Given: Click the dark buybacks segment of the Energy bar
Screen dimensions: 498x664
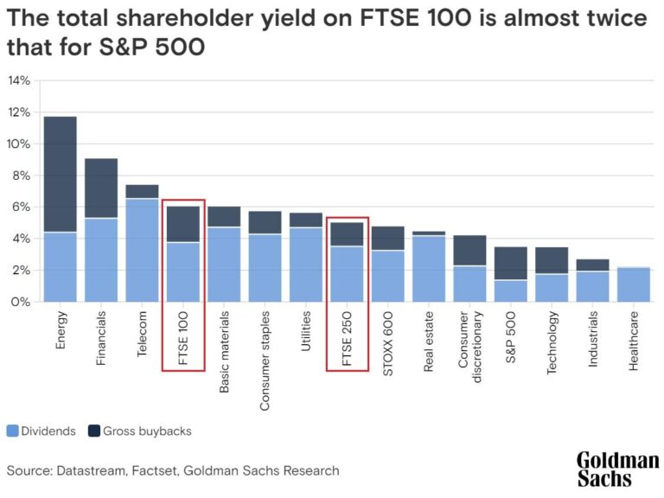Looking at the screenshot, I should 61,174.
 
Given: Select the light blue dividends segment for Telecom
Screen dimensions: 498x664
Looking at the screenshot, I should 142,250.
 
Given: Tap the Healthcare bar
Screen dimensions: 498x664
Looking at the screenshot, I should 634,284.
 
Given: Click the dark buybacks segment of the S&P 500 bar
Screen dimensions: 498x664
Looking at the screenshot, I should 511,263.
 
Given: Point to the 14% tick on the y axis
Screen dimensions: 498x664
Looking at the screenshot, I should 19,80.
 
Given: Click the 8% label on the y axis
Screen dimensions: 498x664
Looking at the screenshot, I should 19,176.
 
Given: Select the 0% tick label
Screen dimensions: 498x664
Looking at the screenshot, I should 19,302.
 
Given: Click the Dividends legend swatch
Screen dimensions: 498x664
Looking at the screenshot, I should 13,431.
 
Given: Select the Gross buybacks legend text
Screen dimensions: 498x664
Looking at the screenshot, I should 147,431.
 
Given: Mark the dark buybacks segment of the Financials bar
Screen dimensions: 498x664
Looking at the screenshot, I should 101,188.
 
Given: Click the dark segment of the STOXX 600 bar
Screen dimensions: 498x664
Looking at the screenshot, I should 388,238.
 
